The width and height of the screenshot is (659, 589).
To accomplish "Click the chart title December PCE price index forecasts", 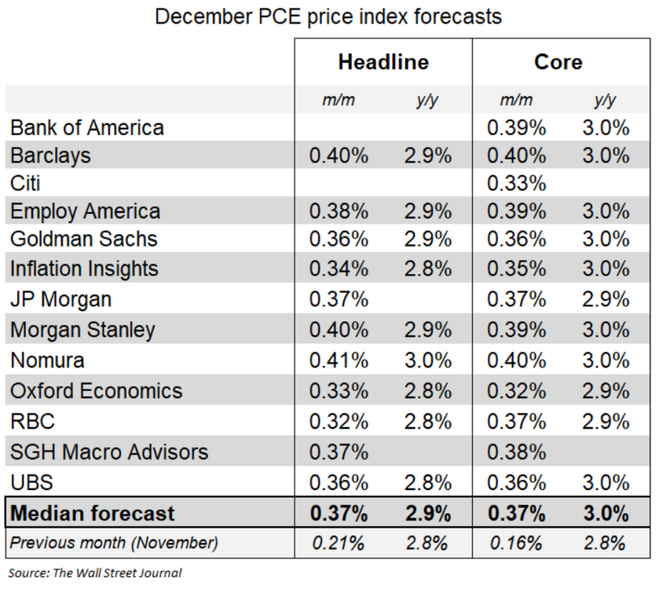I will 328,16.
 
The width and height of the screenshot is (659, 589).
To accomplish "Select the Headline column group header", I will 383,62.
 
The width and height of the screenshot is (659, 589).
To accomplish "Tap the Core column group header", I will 558,62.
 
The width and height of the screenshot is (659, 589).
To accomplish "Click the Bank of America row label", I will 87,128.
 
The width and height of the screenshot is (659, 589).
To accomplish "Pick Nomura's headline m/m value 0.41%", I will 339,360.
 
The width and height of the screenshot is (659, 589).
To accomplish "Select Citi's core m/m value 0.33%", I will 516,184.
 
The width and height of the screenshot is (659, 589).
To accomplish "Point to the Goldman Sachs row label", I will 83,239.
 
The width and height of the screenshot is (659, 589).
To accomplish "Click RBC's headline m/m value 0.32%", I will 339,421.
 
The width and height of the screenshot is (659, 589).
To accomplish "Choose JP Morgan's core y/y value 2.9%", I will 606,299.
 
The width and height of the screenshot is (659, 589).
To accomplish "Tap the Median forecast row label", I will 92,514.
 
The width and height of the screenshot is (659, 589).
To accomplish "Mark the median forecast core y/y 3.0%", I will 606,514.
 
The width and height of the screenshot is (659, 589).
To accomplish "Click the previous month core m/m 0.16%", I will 516,543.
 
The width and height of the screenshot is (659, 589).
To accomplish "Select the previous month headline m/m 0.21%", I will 339,543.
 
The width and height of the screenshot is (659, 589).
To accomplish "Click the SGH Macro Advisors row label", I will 109,452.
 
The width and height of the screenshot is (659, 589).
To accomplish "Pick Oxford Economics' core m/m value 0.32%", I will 516,391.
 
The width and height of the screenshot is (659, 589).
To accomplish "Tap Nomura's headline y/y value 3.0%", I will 428,360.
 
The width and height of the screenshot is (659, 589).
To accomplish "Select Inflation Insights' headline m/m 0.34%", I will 339,269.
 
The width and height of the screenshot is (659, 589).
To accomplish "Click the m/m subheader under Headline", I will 339,100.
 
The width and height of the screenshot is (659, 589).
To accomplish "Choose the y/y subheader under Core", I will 606,100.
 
